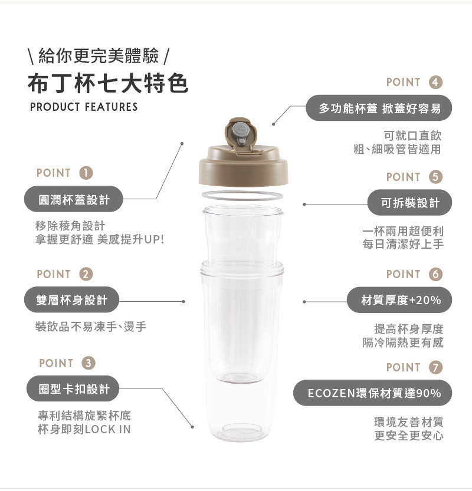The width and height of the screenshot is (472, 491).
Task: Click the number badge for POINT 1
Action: (86, 173)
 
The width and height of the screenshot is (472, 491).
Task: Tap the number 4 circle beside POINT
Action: (435, 82)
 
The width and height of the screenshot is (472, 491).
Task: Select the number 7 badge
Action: (435, 367)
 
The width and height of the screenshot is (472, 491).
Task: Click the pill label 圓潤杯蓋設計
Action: (74, 199)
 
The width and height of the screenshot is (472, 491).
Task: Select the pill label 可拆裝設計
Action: (409, 203)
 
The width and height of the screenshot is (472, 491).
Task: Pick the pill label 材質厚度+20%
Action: (401, 300)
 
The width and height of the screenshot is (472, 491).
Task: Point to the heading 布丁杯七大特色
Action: (108, 83)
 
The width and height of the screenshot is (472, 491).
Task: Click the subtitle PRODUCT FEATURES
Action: (84, 107)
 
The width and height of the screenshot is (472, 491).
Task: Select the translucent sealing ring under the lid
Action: (242, 195)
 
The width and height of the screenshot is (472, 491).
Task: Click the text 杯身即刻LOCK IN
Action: (84, 430)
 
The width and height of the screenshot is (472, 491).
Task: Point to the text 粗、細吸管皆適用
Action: (397, 150)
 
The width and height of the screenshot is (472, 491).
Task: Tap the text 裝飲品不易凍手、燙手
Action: (91, 327)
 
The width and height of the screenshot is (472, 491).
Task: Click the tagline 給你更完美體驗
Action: (98, 57)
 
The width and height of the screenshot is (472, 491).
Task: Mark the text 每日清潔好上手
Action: (403, 244)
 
